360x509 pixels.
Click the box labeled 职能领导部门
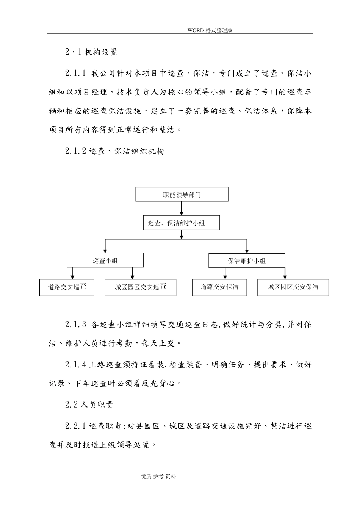[182, 195]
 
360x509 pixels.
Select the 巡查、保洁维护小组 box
[182, 223]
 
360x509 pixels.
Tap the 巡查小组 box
[105, 261]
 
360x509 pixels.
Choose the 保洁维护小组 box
[247, 261]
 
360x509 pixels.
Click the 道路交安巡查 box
[67, 287]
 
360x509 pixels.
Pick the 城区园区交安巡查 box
[140, 287]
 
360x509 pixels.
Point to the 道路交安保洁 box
[219, 287]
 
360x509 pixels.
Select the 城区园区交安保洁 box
[293, 287]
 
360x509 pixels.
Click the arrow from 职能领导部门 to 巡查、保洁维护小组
[182, 209]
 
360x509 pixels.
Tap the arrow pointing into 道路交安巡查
[72, 273]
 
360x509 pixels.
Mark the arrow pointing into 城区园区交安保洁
[285, 273]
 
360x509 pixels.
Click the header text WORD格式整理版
[210, 31]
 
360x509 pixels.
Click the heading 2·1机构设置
[91, 52]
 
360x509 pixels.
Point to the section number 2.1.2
[76, 151]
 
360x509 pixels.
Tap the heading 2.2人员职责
[89, 404]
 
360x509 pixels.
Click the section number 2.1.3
[76, 325]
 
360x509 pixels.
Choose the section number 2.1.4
[76, 365]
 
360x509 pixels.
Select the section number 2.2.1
[76, 426]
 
